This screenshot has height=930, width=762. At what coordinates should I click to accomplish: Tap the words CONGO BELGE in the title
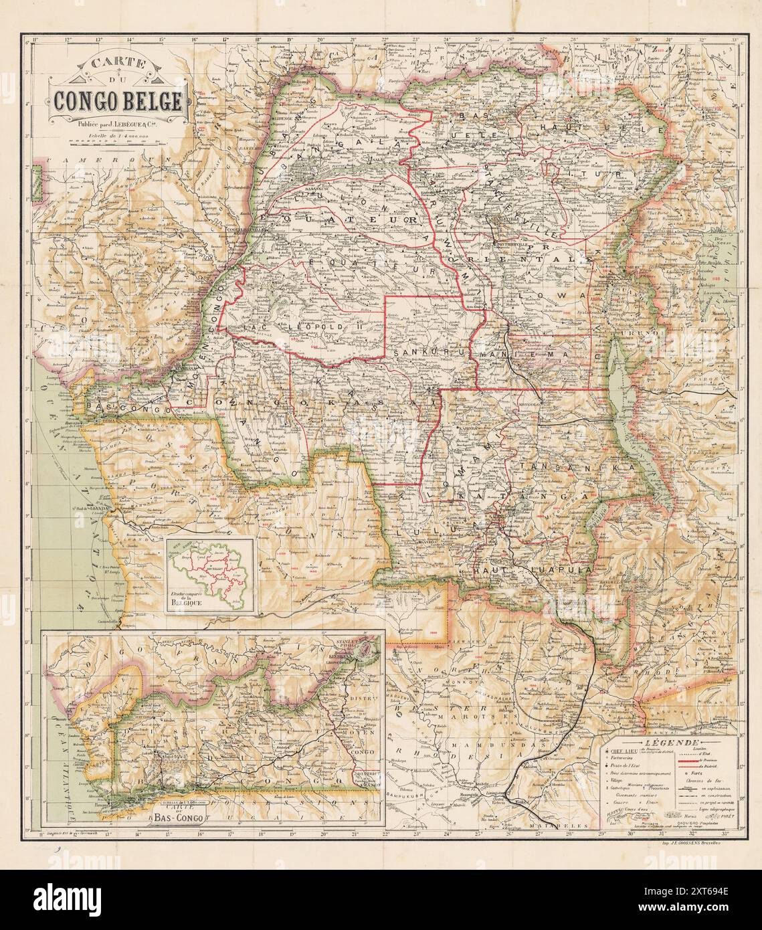118,100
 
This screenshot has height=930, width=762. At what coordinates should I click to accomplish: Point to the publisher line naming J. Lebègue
118,123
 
